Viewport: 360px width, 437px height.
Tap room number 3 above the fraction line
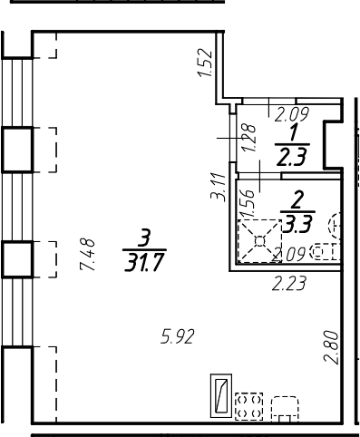tap(142, 239)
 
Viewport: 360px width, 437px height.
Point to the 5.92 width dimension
tap(178, 338)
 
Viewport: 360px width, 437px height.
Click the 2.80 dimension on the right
tap(331, 347)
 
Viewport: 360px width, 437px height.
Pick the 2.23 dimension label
tap(289, 284)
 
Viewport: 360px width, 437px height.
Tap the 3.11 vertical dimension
tap(216, 188)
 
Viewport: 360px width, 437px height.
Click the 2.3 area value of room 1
tap(292, 156)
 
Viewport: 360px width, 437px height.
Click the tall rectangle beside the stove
tap(219, 396)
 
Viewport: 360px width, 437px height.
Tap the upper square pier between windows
tap(17, 149)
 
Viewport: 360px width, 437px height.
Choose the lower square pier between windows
tap(17, 260)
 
